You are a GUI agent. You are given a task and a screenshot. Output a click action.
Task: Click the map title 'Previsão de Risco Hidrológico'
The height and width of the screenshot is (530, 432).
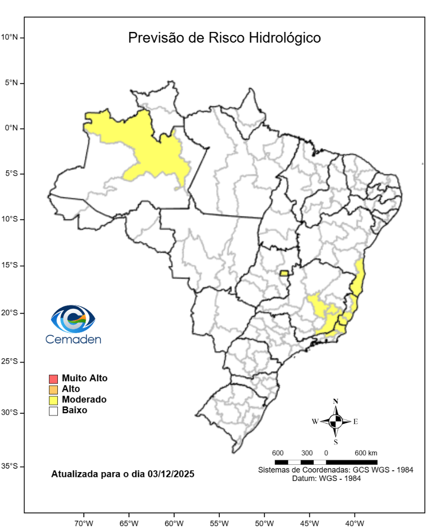point(224,38)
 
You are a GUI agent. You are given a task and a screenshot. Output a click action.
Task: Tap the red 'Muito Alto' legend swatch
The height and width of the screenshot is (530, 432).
point(53,379)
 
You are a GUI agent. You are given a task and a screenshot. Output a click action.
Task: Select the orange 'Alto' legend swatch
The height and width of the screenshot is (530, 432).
point(53,390)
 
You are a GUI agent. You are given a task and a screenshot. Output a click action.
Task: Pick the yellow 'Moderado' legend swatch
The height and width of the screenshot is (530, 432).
point(53,400)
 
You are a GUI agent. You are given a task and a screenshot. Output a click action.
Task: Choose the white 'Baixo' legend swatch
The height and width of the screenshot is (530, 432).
point(53,411)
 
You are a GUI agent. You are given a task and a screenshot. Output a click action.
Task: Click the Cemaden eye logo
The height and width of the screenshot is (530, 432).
point(73,319)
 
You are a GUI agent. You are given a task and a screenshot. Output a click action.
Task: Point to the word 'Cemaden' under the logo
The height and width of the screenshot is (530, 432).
point(73,339)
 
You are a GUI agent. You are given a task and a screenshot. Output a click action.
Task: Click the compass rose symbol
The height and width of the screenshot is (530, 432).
point(336,421)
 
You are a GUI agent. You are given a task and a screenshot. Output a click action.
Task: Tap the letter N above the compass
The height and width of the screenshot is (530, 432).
point(336,401)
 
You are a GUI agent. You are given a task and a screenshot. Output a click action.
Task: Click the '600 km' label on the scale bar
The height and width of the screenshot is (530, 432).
point(366,452)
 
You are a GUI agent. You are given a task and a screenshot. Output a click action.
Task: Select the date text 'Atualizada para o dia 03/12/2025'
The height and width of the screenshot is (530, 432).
point(123,475)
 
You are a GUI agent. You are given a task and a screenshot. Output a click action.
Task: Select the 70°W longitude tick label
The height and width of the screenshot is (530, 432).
point(83,523)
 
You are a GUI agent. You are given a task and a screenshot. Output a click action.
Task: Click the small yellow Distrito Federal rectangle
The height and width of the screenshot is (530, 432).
point(284,273)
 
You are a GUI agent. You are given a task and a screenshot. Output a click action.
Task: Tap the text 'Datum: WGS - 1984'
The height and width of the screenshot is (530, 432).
point(327,478)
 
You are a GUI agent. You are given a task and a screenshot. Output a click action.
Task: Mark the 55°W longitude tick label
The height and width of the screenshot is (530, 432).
point(219,523)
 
